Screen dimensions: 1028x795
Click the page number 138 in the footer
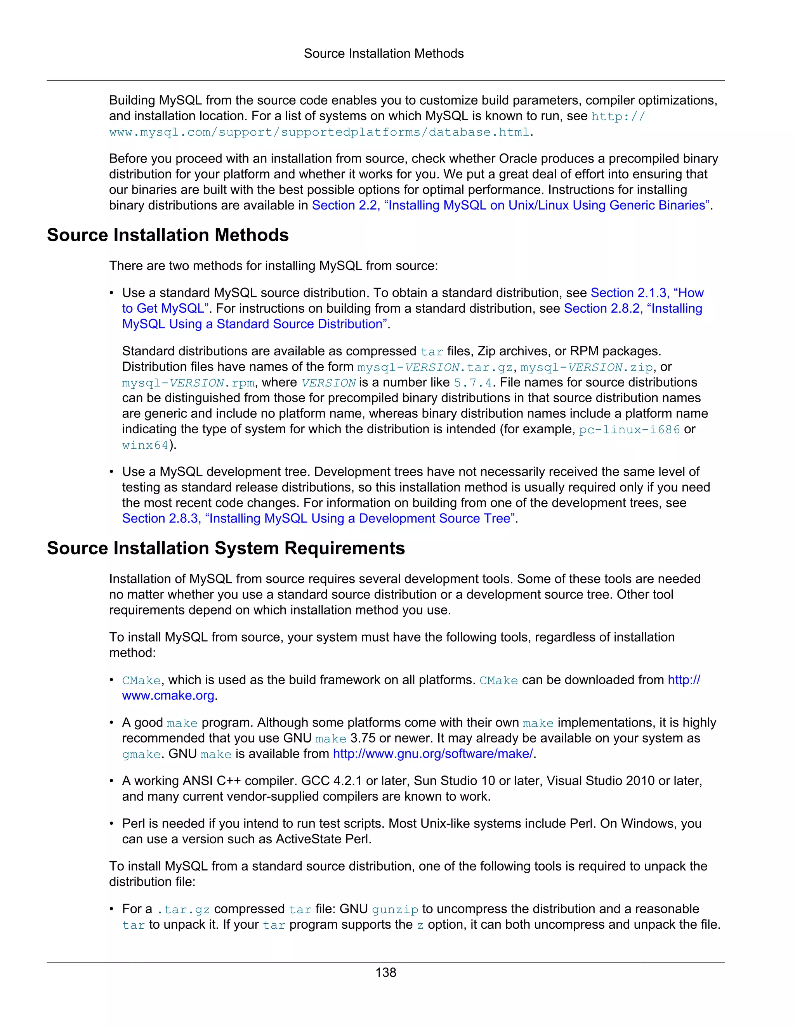pyautogui.click(x=386, y=973)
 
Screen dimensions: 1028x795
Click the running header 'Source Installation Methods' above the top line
pyautogui.click(x=384, y=54)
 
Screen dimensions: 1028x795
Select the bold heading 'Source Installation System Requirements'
pyautogui.click(x=226, y=549)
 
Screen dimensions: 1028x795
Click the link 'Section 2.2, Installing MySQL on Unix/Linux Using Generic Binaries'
pyautogui.click(x=512, y=205)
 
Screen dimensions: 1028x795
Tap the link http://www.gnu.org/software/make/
pyautogui.click(x=433, y=754)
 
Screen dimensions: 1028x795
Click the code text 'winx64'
pyautogui.click(x=145, y=445)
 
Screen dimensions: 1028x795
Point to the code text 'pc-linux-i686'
pyautogui.click(x=629, y=430)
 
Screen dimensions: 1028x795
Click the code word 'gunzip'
pyautogui.click(x=395, y=909)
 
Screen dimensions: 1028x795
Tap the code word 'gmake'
pyautogui.click(x=141, y=754)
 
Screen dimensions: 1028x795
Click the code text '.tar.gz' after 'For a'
pyautogui.click(x=183, y=909)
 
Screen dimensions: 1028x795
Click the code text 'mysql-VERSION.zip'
pyautogui.click(x=587, y=367)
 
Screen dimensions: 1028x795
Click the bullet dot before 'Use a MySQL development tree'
pyautogui.click(x=112, y=472)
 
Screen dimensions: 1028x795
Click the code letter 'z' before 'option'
pyautogui.click(x=420, y=925)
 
